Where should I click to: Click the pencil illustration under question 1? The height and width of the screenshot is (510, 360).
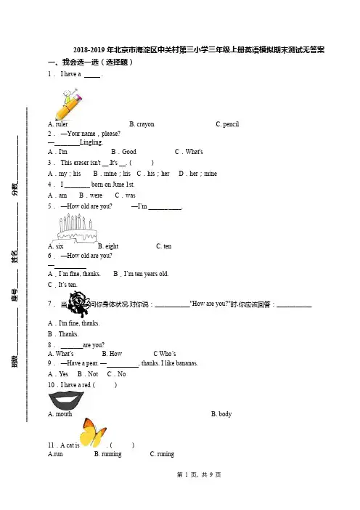coord(68,104)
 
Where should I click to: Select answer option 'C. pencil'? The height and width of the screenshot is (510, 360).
coord(227,124)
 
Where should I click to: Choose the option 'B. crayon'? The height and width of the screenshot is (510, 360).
coord(142,124)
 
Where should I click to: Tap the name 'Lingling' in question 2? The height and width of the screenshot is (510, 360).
coord(91,142)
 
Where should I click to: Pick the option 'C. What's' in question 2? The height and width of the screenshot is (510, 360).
coord(189,152)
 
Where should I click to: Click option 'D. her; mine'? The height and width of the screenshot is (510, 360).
coord(198,174)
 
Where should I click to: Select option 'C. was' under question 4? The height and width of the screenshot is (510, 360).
coord(125,195)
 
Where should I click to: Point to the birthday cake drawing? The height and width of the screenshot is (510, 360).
coord(77,228)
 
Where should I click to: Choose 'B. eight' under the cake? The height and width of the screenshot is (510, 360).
coord(108,246)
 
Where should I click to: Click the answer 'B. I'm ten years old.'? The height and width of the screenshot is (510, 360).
coord(141,274)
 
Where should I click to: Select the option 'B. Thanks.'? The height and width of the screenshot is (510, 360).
coord(63,334)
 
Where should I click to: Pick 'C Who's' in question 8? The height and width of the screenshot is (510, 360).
coord(165,354)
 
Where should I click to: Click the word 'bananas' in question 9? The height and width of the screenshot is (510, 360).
coord(186,363)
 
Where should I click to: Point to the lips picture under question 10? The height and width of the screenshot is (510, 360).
coord(66,400)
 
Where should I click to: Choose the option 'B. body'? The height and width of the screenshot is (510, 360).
coord(221,414)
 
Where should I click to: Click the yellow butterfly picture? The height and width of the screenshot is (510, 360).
coord(93,432)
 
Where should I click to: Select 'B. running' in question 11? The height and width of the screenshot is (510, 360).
coord(108,454)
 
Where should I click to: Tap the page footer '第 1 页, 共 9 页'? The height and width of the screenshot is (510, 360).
coord(199,475)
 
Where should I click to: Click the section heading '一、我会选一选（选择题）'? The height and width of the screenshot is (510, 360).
coord(91,62)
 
